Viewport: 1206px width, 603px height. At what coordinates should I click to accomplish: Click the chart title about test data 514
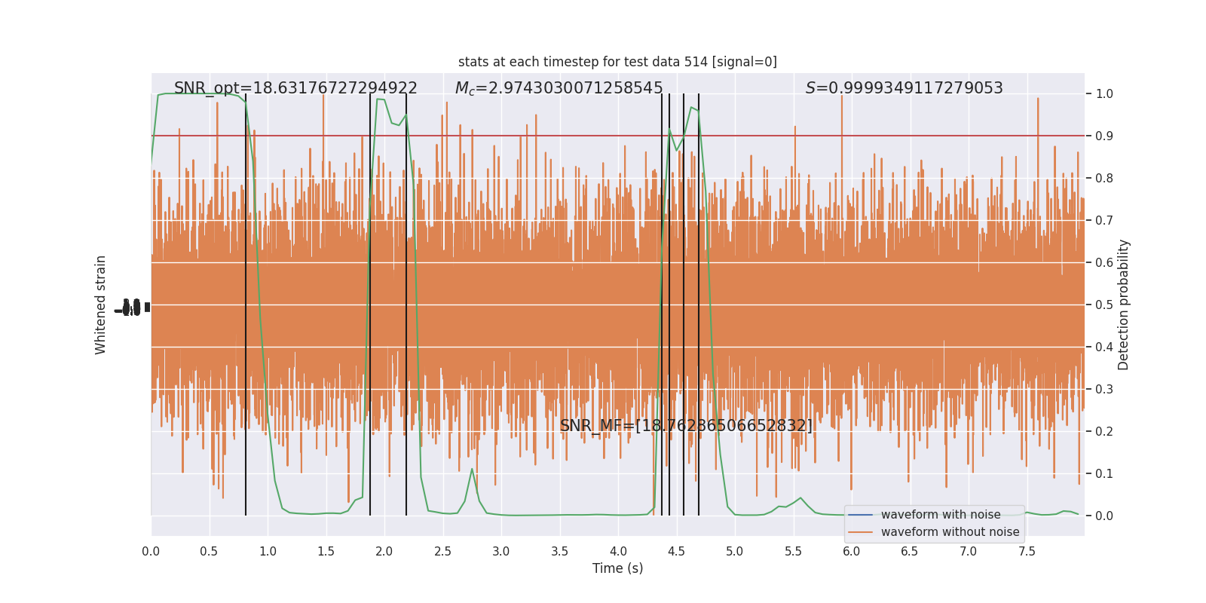(x=617, y=62)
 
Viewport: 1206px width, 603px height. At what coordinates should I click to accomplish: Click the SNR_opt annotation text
(x=295, y=88)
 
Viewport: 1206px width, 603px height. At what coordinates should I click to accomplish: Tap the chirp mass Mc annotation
(x=559, y=88)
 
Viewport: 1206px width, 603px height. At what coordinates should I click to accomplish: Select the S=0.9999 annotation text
(x=904, y=88)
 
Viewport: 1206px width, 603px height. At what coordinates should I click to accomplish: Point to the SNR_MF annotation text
(x=686, y=426)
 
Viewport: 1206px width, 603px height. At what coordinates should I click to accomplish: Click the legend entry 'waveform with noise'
(x=940, y=515)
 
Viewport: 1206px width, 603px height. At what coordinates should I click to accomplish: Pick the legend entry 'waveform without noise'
(x=949, y=532)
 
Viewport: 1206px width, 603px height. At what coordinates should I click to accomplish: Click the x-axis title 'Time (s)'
(x=617, y=568)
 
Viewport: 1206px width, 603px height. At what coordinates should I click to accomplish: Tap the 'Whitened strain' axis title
(x=101, y=305)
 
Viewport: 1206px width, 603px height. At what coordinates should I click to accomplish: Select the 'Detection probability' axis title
(x=1124, y=305)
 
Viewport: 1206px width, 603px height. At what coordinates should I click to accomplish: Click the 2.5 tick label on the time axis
(x=442, y=552)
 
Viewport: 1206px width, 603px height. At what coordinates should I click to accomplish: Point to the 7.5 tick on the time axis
(x=1027, y=552)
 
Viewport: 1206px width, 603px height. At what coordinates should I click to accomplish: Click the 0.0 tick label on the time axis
(x=151, y=552)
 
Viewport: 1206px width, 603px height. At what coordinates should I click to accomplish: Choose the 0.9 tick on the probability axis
(x=1104, y=136)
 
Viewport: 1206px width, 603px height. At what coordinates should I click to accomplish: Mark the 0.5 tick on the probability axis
(x=1104, y=305)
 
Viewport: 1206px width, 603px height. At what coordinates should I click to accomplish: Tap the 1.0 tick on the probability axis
(x=1104, y=94)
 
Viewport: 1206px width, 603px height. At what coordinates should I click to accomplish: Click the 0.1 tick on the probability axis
(x=1104, y=474)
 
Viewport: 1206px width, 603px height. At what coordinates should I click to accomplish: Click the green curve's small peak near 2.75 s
(x=472, y=469)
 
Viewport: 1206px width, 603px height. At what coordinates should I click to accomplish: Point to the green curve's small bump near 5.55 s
(x=800, y=498)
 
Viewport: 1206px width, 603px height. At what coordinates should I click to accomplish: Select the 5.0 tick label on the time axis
(x=734, y=552)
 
